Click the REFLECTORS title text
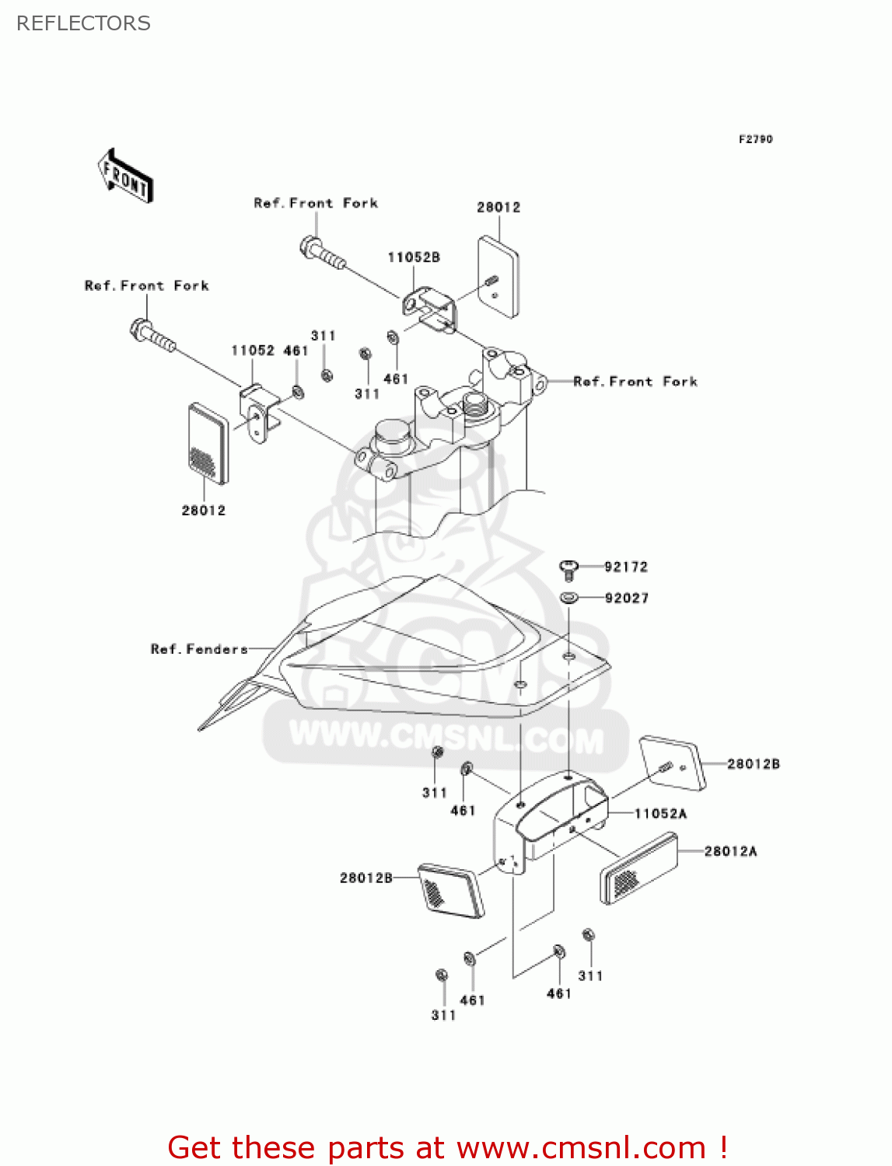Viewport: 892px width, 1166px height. pos(83,23)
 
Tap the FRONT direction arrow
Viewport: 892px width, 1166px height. pos(125,176)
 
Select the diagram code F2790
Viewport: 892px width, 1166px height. pos(755,139)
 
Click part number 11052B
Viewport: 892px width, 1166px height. pos(414,257)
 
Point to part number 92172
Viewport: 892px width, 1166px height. pos(626,567)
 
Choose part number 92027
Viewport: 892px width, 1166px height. pos(626,598)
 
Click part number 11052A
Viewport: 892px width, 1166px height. pos(660,813)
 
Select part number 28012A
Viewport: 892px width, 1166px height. pos(730,851)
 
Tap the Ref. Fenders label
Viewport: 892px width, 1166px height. pos(199,648)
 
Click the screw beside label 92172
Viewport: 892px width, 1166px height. pos(568,570)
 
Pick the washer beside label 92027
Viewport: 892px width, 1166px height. pos(568,598)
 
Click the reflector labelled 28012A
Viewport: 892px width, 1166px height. pos(639,868)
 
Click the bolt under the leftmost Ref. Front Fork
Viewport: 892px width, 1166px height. pos(152,334)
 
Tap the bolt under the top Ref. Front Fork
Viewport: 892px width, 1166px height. pos(321,252)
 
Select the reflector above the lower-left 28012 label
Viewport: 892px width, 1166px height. pos(208,443)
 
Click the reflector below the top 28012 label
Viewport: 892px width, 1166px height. pos(498,277)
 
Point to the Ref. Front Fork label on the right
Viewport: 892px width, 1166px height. pos(635,382)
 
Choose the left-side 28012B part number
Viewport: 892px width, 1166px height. pos(366,878)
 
